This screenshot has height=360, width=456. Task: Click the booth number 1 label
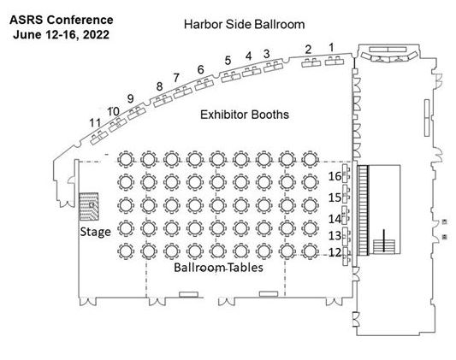click(331, 48)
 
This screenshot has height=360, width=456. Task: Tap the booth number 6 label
click(201, 70)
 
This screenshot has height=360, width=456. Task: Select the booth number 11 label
click(95, 123)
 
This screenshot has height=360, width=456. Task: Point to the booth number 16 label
click(335, 176)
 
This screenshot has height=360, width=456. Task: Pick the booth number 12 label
click(335, 252)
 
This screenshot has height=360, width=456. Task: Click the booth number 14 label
click(335, 219)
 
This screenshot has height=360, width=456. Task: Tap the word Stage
click(95, 232)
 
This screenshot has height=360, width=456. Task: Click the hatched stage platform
click(89, 206)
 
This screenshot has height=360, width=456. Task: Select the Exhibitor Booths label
click(245, 115)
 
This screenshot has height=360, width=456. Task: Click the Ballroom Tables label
click(218, 268)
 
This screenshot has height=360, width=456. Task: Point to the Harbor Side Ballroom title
click(245, 25)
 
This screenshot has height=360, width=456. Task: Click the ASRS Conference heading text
click(62, 20)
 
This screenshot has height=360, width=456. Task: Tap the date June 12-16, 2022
click(61, 34)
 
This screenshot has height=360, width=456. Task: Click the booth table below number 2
click(311, 62)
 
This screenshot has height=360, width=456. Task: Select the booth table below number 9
click(136, 113)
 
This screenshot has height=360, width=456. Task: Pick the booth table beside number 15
click(346, 194)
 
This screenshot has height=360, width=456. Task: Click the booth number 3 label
click(267, 54)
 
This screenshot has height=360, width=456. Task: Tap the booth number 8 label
click(159, 86)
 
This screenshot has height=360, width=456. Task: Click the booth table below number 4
click(252, 71)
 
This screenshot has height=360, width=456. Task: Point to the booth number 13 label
click(335, 235)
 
